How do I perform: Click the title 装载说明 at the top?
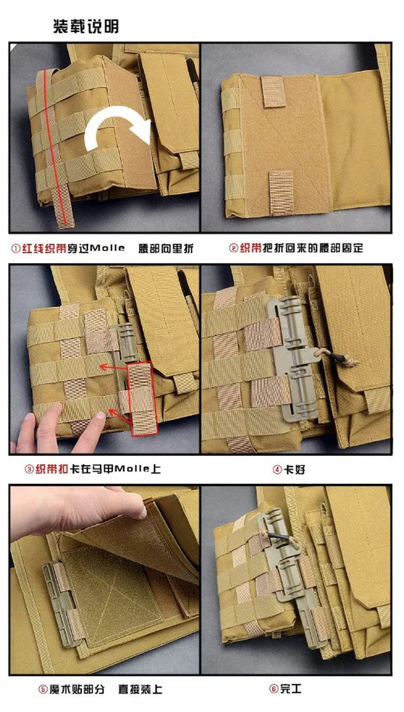(86, 26)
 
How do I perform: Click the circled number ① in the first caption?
(16, 248)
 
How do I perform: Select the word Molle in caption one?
(107, 248)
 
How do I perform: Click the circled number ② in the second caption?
(234, 248)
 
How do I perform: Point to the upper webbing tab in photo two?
(273, 91)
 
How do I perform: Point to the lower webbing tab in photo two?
(281, 192)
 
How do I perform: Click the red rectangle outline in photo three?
(142, 399)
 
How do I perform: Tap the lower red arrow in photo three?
(119, 416)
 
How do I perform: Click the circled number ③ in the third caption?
(29, 469)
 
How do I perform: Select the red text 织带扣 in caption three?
(52, 469)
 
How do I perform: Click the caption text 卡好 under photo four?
(294, 469)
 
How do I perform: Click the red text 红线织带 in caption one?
(44, 248)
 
